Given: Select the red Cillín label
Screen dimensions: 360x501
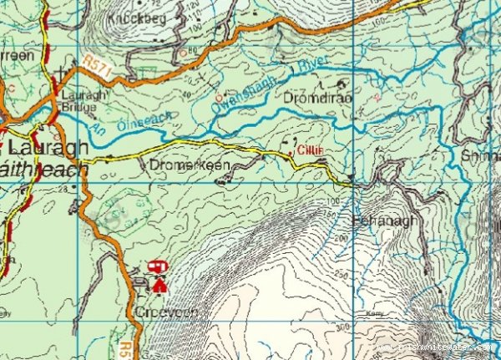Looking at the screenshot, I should [309, 150].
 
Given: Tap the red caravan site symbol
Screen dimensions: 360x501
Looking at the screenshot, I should [156, 266].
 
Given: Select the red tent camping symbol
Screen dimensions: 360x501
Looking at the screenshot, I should [159, 286].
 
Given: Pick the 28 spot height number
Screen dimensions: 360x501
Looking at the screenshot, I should [63, 190].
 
